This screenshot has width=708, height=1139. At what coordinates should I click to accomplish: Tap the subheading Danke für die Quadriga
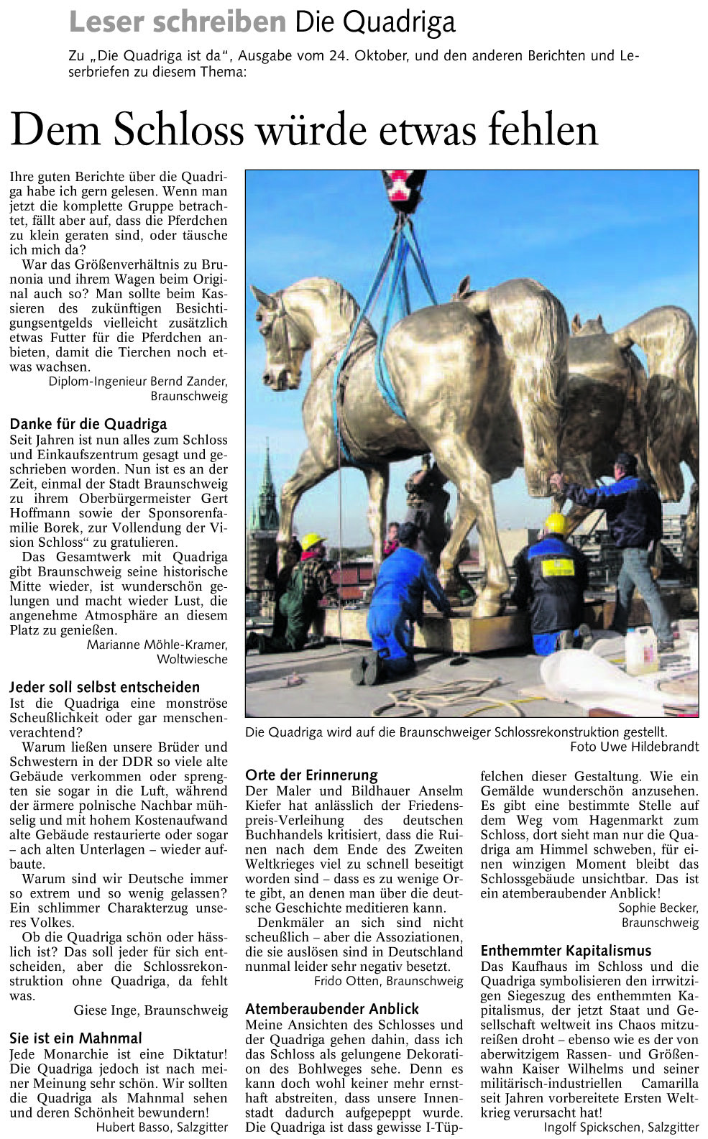(x=88, y=424)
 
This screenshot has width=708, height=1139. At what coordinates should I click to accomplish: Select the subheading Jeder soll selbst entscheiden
(x=104, y=687)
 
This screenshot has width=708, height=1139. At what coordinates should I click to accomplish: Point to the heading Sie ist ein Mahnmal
(x=75, y=1038)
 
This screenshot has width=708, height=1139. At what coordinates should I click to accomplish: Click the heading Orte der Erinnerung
(x=311, y=775)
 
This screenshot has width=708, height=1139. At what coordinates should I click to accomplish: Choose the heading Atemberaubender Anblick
(x=331, y=1009)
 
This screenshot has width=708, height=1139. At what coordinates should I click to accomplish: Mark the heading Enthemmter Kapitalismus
(x=566, y=951)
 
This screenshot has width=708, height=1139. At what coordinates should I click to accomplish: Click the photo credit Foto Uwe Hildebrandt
(x=634, y=747)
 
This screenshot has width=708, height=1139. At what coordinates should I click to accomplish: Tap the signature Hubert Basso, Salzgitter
(x=162, y=1127)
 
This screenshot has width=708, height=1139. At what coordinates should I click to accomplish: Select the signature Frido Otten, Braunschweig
(x=388, y=981)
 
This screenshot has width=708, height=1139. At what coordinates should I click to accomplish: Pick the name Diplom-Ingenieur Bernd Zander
(x=138, y=382)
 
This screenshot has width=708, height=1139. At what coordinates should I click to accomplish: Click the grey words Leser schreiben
(x=177, y=23)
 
